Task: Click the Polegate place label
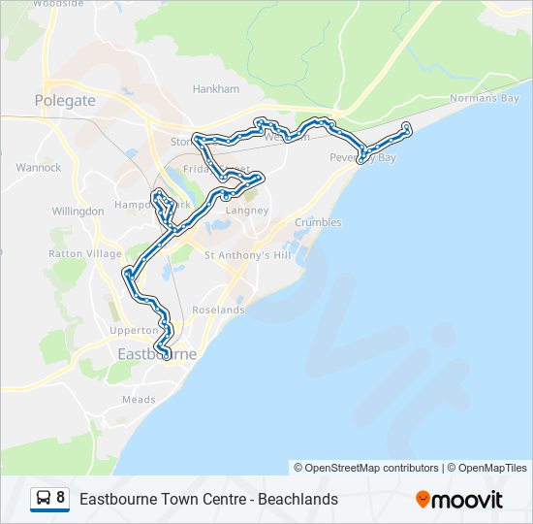point(65,100)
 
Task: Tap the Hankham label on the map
point(215,88)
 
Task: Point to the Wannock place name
point(39,168)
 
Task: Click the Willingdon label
point(78,211)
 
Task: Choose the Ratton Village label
point(85,253)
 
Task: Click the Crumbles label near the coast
point(318,222)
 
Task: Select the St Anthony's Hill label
point(247,255)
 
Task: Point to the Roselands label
point(219,310)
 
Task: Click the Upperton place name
point(134,331)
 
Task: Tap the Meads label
point(139,399)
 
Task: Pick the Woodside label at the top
point(58,4)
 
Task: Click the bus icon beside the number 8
point(44,499)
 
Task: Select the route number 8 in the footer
point(61,499)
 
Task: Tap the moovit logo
point(459,500)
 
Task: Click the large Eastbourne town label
point(156,354)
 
